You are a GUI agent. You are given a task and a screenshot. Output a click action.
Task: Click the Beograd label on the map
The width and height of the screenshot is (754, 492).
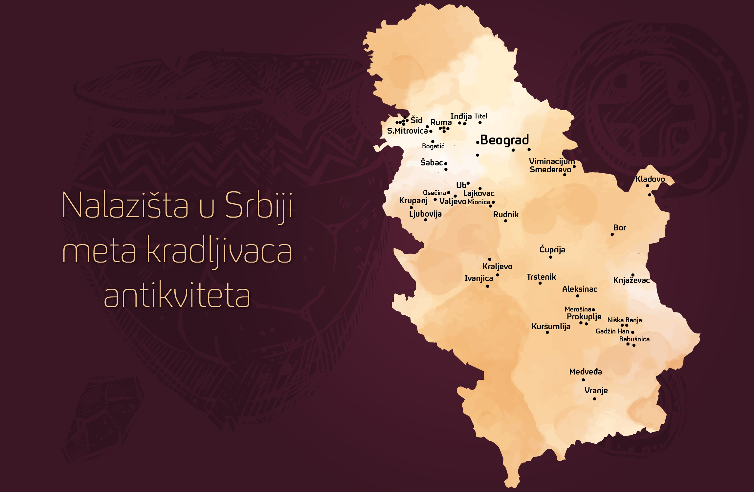pyautogui.click(x=504, y=140)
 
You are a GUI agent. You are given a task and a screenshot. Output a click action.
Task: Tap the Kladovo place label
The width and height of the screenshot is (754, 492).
pyautogui.click(x=650, y=179)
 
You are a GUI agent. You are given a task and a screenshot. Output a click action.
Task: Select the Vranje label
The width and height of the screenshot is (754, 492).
pyautogui.click(x=596, y=391)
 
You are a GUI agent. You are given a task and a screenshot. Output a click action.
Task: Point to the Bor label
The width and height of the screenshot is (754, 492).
pyautogui.click(x=619, y=228)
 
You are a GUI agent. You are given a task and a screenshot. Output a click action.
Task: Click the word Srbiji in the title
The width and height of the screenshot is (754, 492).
pyautogui.click(x=259, y=205)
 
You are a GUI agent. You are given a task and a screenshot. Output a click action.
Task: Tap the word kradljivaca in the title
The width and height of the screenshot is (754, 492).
pyautogui.click(x=219, y=251)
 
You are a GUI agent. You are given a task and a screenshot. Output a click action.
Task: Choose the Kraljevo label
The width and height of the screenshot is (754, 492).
pyautogui.click(x=497, y=267)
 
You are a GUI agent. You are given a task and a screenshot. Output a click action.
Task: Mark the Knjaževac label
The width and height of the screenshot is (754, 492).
pyautogui.click(x=631, y=280)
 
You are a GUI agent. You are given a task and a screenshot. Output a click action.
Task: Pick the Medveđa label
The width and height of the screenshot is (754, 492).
pyautogui.click(x=586, y=372)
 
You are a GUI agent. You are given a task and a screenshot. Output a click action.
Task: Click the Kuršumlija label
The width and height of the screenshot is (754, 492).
pyautogui.click(x=551, y=327)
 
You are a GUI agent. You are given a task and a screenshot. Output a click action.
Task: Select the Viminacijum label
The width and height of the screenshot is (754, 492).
pyautogui.click(x=552, y=161)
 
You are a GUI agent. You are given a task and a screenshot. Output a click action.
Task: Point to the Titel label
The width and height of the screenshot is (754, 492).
pyautogui.click(x=481, y=116)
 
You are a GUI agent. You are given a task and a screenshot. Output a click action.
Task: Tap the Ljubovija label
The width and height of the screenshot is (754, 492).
pyautogui.click(x=425, y=214)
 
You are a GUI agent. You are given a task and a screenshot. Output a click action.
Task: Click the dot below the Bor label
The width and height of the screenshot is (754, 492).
pyautogui.click(x=612, y=234)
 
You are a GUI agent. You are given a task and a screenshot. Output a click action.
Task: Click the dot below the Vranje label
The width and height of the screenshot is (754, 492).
pyautogui.click(x=594, y=399)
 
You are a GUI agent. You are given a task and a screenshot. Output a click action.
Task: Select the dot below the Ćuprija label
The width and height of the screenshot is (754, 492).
pyautogui.click(x=551, y=257)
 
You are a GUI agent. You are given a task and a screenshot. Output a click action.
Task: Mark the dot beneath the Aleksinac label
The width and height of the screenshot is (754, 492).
pyautogui.click(x=578, y=296)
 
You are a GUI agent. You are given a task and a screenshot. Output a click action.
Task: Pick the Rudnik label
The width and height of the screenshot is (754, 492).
pyautogui.click(x=506, y=215)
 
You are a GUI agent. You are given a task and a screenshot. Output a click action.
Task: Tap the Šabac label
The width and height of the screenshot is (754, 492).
pyautogui.click(x=432, y=162)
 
